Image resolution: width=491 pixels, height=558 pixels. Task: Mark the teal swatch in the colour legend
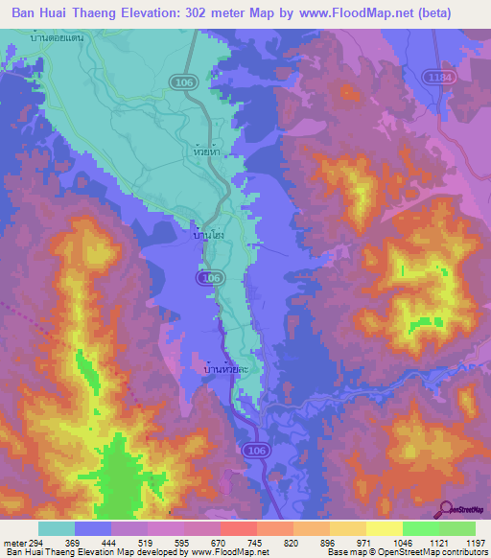[x=57, y=528]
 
